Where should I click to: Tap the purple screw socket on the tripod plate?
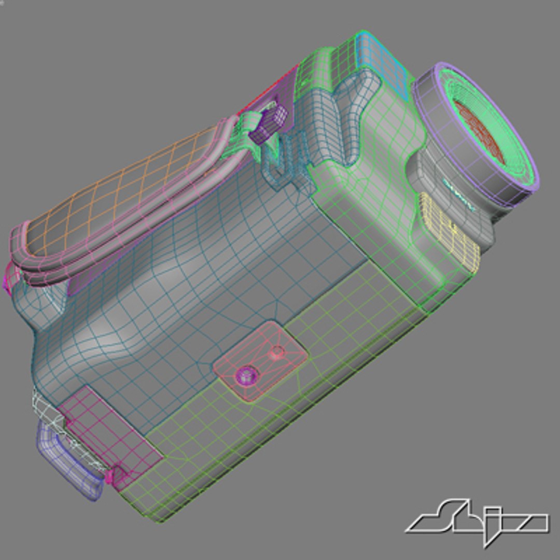point(244,374)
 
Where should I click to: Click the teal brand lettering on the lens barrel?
point(459,194)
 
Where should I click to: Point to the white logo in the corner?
point(477,521)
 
